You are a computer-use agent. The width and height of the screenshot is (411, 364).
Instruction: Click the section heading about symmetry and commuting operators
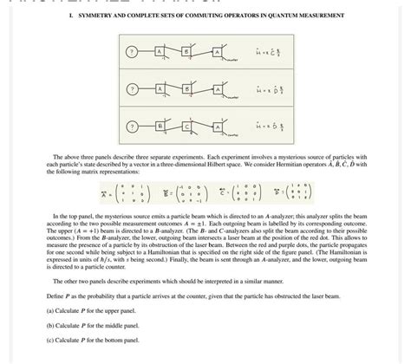click(206, 16)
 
